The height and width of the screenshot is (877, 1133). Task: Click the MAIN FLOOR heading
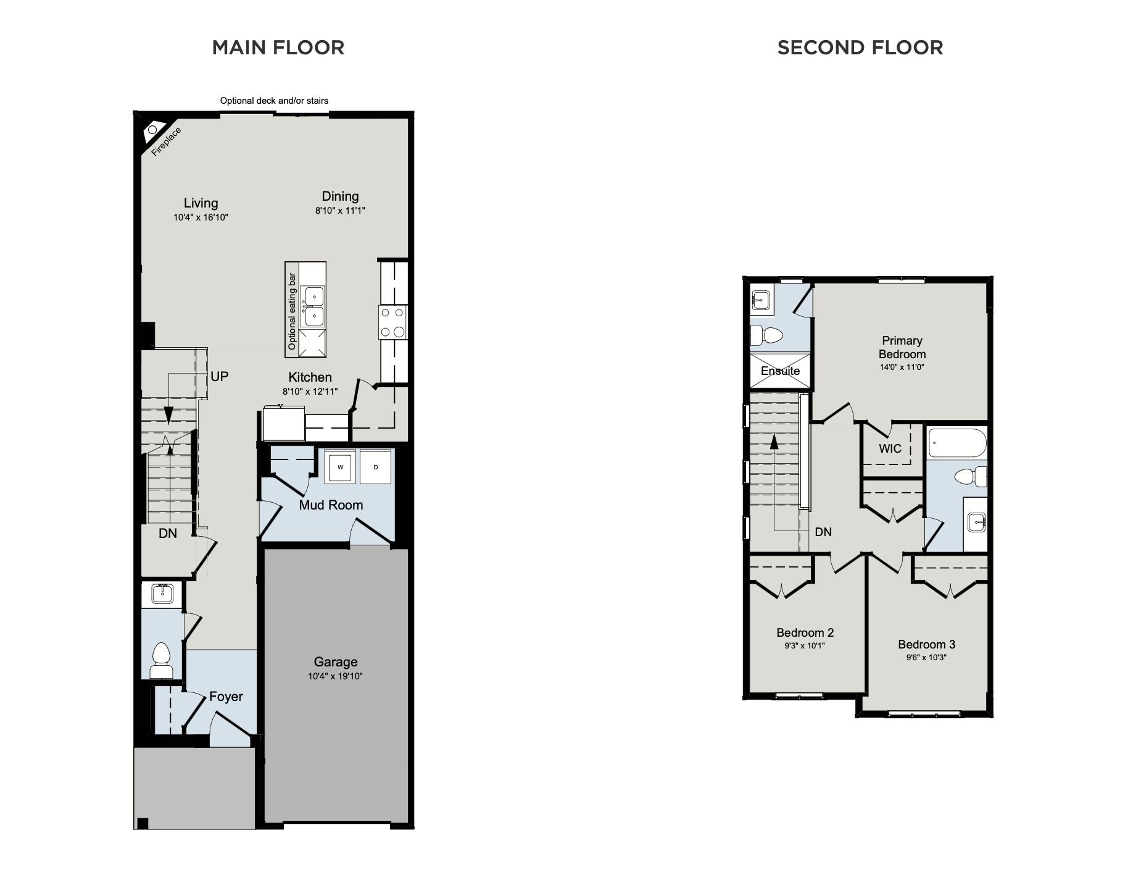(278, 48)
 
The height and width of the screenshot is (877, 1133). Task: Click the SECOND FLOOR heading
(860, 48)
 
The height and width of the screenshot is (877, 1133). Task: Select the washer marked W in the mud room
(341, 468)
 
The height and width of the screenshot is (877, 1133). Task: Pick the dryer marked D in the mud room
(376, 468)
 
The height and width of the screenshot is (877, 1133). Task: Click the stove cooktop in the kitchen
(393, 322)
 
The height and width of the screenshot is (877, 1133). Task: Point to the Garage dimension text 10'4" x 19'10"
(335, 676)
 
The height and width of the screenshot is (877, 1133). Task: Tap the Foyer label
(226, 697)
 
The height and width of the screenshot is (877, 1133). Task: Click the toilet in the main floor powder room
(162, 661)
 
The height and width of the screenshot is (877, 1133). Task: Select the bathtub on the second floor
(957, 443)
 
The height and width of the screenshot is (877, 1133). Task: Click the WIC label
(890, 449)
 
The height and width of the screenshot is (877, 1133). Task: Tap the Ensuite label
(780, 371)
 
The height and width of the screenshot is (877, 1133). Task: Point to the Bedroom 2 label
(805, 632)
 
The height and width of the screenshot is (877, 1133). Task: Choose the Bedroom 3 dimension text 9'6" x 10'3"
(926, 657)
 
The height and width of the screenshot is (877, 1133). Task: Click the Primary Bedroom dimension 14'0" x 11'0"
(902, 367)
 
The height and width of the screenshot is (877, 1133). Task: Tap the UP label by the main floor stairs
(220, 376)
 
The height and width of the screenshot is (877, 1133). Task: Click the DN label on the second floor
(823, 532)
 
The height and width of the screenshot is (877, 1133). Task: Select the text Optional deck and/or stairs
(274, 101)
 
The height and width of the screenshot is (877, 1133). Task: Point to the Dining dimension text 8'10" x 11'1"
(340, 211)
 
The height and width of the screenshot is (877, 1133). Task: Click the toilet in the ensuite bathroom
(766, 336)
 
